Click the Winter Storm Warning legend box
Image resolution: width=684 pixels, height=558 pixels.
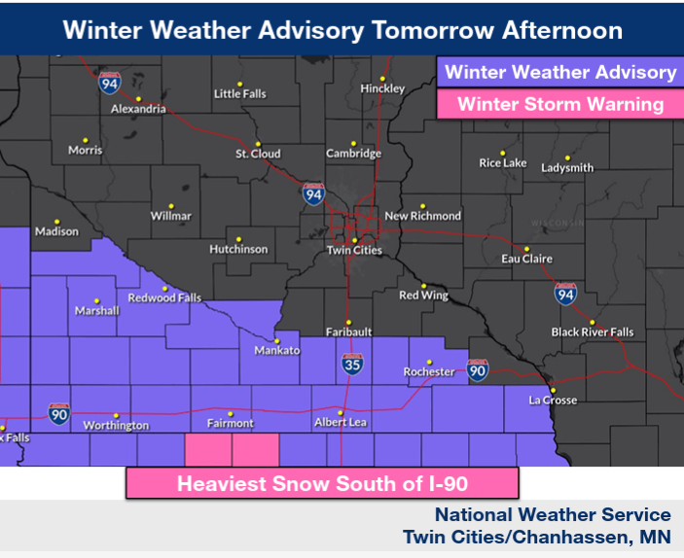pos(559,104)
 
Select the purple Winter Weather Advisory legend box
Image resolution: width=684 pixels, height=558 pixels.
pos(559,72)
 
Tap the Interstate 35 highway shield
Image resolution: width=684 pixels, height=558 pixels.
pos(352,366)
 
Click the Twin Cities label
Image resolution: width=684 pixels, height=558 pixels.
pos(354,250)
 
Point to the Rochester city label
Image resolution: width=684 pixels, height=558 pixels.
pos(429,371)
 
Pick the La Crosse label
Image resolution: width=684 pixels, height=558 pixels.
pos(553,400)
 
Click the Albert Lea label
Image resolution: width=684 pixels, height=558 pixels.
pos(340,422)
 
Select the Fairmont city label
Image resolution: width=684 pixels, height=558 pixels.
pos(231,423)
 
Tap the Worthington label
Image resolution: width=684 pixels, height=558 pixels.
pos(116,426)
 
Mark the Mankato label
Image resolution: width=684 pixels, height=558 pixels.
pos(276,350)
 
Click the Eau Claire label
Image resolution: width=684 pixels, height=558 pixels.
pos(526,259)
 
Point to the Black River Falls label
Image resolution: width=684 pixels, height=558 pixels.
pos(593,331)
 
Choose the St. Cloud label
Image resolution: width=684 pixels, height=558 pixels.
pos(258,154)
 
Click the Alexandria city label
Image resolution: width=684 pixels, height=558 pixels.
pos(138,109)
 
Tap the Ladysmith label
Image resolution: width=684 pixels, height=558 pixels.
pos(567,167)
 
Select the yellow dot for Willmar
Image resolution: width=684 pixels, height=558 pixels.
pos(171,205)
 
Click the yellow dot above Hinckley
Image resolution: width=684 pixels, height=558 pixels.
pos(383,79)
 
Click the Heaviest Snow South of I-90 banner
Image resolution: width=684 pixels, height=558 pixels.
pos(322,482)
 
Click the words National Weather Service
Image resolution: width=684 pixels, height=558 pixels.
pos(553,515)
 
